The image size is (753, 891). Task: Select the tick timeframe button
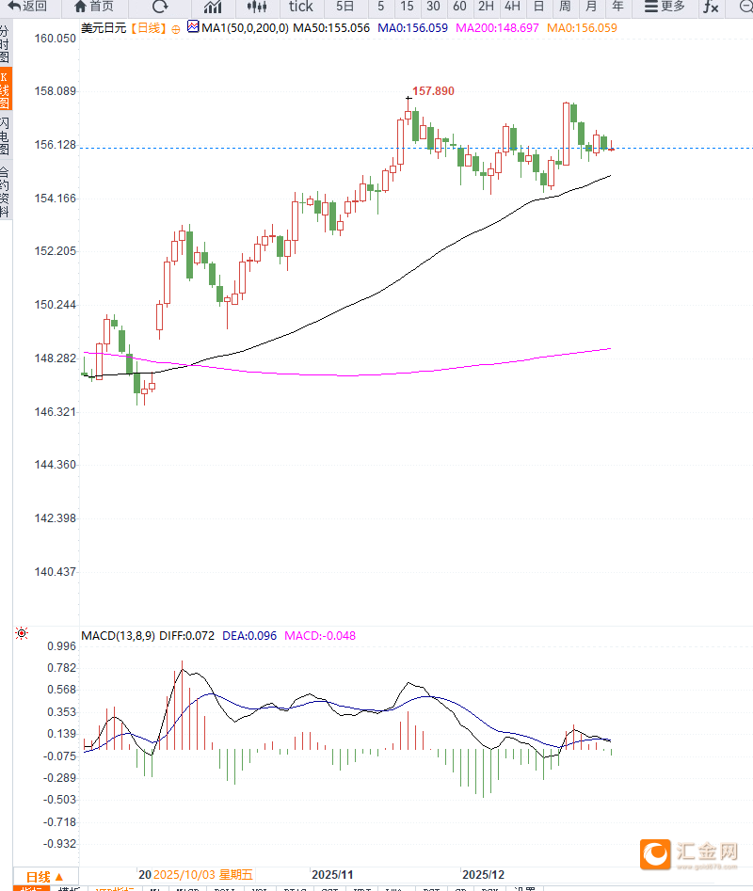(x=300, y=7)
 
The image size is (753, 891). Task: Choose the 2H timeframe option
(x=486, y=7)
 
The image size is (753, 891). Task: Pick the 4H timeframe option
(x=512, y=7)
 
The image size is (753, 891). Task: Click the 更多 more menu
(x=665, y=7)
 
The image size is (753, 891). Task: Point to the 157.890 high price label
(x=433, y=91)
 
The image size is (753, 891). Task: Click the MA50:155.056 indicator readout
(x=331, y=28)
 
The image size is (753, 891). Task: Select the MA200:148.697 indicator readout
(x=497, y=28)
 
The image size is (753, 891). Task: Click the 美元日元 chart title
(x=104, y=28)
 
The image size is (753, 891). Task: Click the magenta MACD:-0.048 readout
(x=320, y=635)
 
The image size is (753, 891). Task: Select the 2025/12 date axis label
(x=483, y=874)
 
